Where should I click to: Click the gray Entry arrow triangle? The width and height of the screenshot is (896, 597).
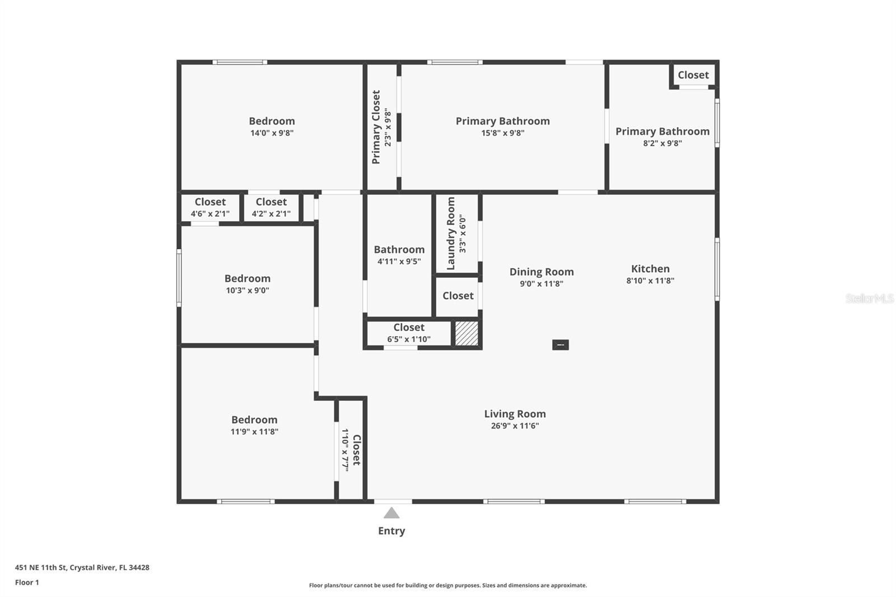[391, 513]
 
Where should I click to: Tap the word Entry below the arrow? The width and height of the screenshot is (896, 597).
[391, 531]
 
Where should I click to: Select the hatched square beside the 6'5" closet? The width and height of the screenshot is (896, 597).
[466, 333]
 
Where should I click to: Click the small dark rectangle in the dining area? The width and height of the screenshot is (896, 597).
[561, 345]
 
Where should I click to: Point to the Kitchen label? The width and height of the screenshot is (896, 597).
[650, 269]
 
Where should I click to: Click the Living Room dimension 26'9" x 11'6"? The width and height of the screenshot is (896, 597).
[515, 426]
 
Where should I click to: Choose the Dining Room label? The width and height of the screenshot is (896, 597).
[542, 272]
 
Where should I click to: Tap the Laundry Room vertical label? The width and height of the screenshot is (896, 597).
[451, 233]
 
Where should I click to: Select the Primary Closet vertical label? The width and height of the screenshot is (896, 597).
[376, 127]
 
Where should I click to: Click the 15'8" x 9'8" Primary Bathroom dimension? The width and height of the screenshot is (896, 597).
[503, 133]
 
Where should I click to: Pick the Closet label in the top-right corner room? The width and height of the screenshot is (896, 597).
[693, 75]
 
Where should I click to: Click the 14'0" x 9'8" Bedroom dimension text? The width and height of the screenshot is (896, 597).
[272, 133]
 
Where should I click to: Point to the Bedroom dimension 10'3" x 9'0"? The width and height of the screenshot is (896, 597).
[248, 291]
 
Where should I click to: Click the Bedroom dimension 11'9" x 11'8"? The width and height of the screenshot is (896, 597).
[254, 432]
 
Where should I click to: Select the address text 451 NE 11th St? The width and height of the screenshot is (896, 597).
[82, 567]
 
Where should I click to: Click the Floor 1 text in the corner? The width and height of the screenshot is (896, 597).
[27, 582]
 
